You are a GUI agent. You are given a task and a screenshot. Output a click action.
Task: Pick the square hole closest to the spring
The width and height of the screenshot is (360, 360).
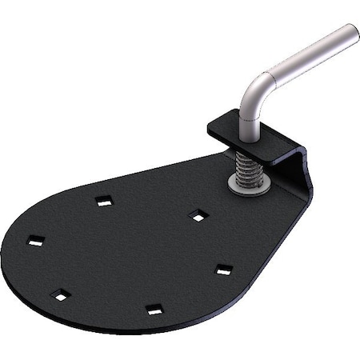tap(198, 214)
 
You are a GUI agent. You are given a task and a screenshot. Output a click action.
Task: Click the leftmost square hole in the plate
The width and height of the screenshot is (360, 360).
tap(35, 239)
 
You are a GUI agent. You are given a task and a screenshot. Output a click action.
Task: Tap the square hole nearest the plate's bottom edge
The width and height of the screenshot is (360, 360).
tap(154, 309)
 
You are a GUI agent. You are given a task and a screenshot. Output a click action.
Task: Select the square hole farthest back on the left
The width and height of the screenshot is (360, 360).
tap(103, 202)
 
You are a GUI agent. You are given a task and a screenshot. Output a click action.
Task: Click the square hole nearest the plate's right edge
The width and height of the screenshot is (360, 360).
tap(224, 270)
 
